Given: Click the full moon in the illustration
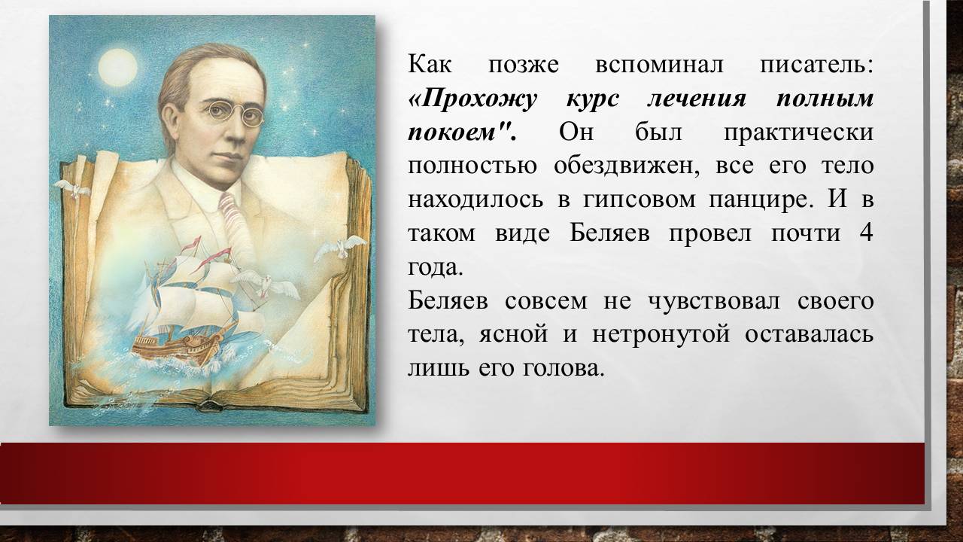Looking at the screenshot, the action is (118, 68).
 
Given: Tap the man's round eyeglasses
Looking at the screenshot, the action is (234, 113).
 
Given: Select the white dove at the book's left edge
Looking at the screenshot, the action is (72, 188).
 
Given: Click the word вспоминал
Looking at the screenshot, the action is (659, 65).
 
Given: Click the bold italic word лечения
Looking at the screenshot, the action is (697, 99).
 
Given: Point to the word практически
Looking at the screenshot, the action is (799, 132).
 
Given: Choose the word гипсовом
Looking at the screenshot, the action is (639, 199).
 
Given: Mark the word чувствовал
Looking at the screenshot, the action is (713, 300).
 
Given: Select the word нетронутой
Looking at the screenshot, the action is (661, 333).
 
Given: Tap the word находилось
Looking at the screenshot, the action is (475, 199).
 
